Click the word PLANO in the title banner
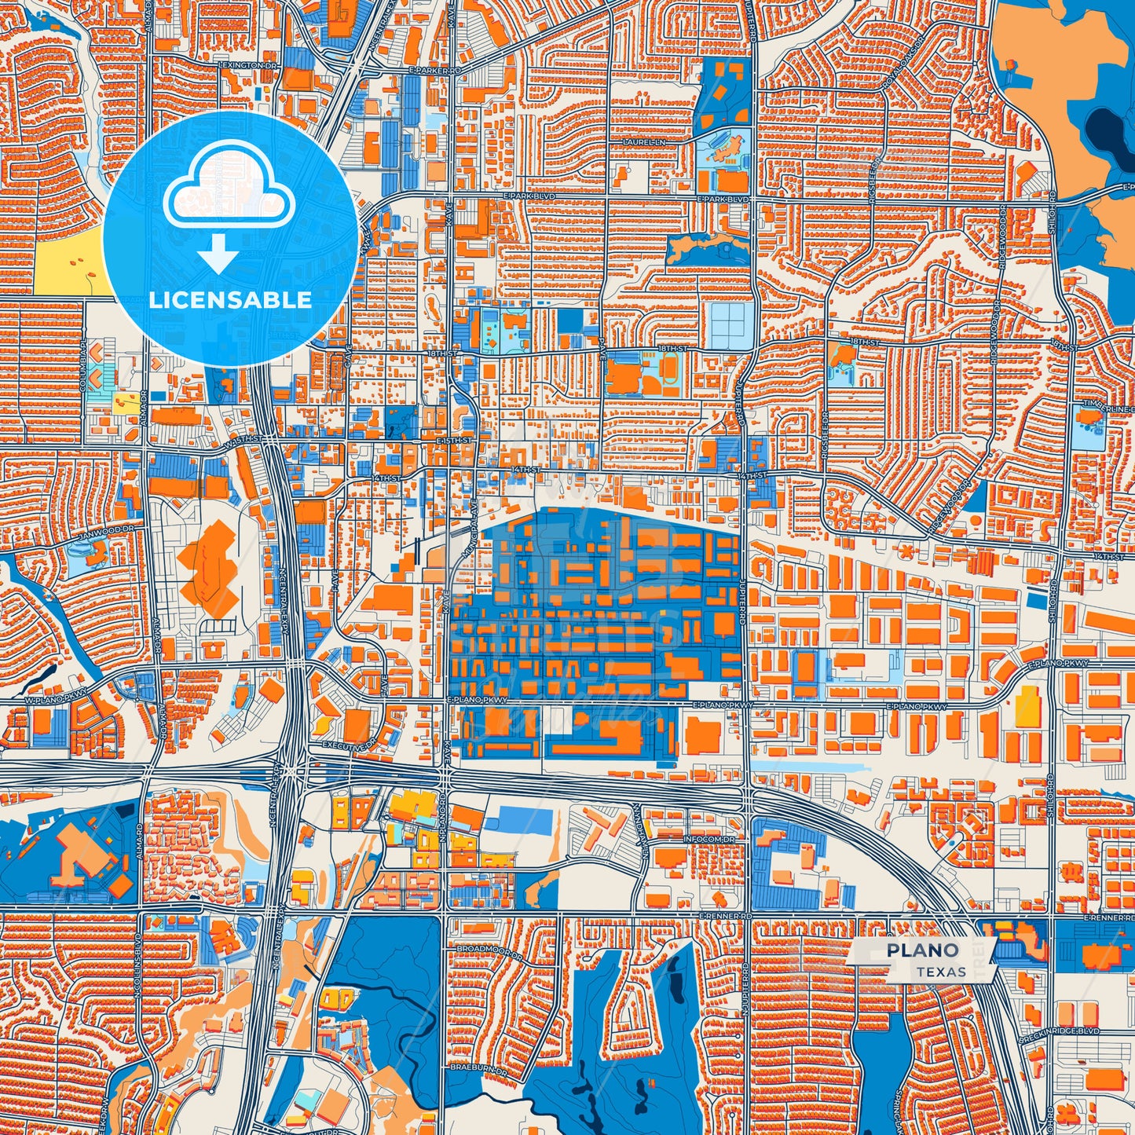tap(923, 950)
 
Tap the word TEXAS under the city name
tap(940, 972)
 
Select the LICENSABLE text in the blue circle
tap(230, 300)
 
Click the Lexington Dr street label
tap(250, 66)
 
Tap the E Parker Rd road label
tap(434, 70)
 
